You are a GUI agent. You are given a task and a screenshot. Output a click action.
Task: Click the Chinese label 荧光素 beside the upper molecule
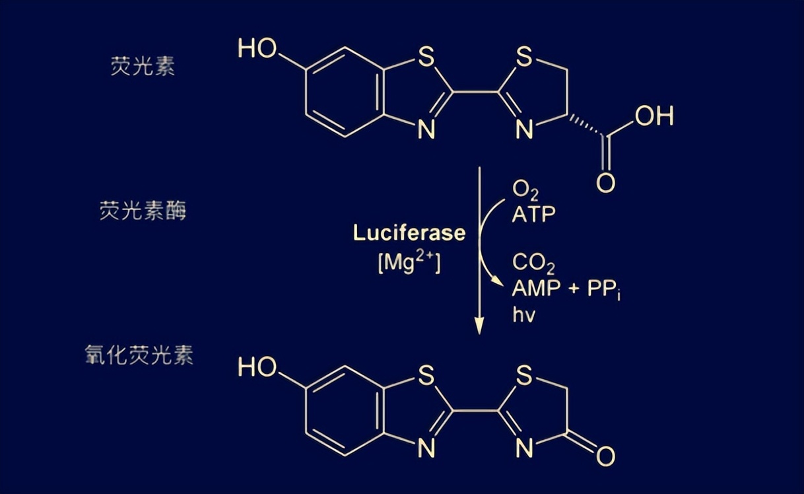click(143, 67)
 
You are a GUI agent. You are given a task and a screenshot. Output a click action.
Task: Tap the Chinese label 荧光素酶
click(143, 211)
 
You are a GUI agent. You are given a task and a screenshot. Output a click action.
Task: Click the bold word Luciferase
click(409, 233)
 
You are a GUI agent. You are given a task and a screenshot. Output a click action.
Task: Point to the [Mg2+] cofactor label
click(409, 263)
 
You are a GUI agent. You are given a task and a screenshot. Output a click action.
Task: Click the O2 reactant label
click(525, 191)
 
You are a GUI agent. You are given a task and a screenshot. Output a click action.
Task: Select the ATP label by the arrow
click(534, 215)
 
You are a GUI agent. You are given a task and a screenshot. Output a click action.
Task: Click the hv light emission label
click(523, 314)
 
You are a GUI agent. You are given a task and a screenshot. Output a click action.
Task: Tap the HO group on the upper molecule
click(257, 49)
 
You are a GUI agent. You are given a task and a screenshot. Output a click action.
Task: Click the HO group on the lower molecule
click(257, 367)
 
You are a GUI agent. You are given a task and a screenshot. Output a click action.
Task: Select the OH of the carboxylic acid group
click(654, 117)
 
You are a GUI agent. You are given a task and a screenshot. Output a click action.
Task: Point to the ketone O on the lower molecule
click(605, 456)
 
